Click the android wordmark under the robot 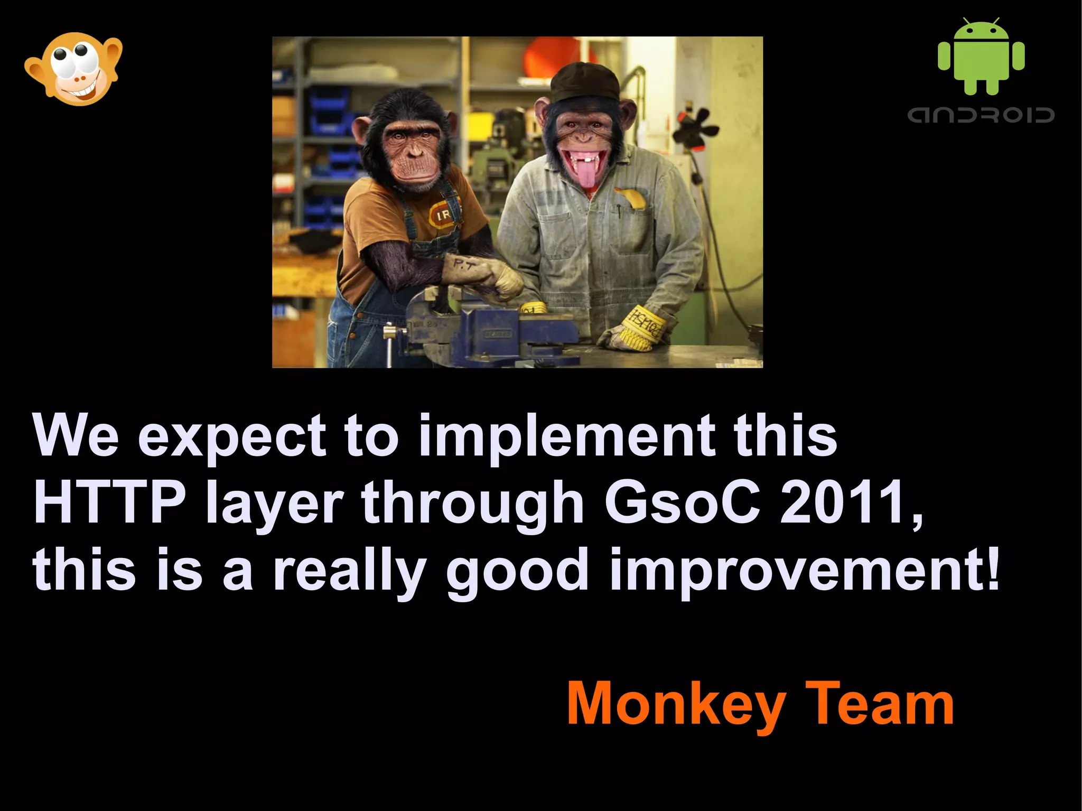point(981,115)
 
